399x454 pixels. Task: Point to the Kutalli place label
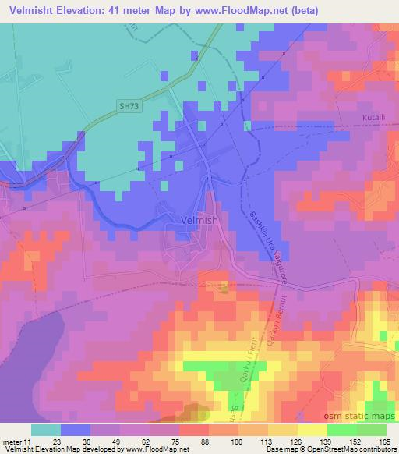click(375, 118)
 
